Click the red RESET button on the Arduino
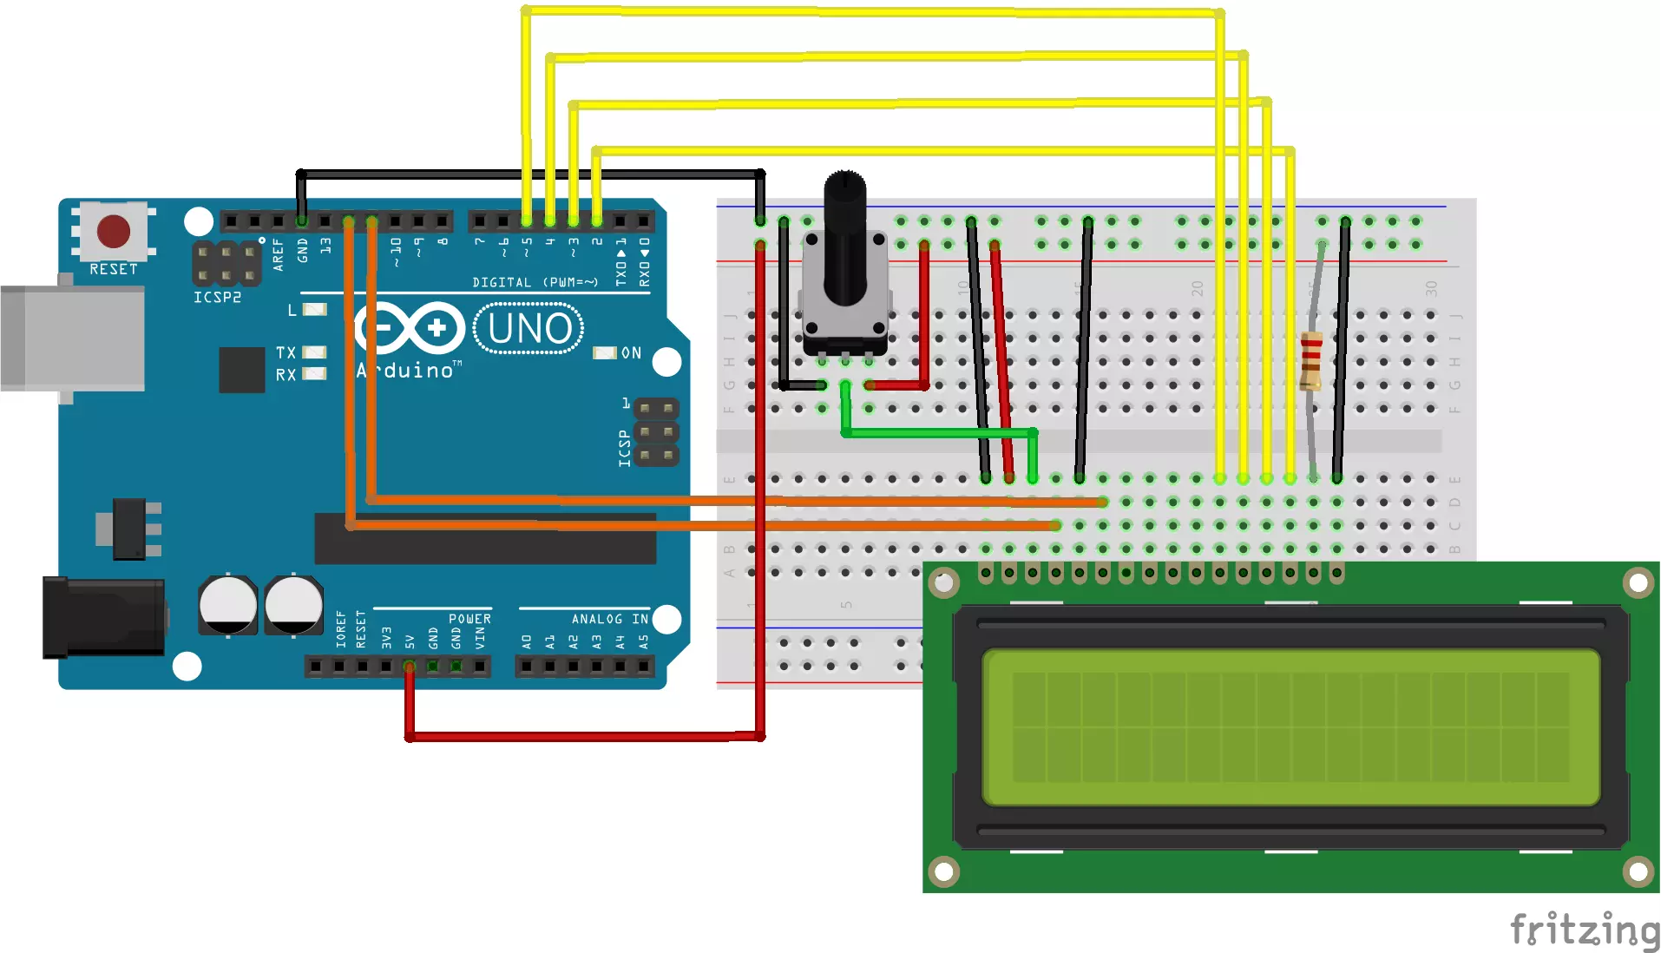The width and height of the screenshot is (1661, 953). point(114,232)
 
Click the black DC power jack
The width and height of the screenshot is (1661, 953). point(104,617)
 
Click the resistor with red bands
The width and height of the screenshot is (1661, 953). point(1310,360)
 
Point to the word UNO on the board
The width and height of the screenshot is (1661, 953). point(529,329)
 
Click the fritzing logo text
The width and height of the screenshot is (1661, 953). point(1583,930)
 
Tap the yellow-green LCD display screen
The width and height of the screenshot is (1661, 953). point(1290,727)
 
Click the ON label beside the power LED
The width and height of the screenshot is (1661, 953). point(631,353)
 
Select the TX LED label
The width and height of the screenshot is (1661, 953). point(286,352)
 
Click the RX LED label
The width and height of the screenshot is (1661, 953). point(286,375)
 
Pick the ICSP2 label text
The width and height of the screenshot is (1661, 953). point(217,298)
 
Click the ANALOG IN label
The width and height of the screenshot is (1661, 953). point(609,619)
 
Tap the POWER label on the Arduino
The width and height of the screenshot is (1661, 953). point(469,619)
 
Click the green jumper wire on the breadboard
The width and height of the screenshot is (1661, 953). point(937,432)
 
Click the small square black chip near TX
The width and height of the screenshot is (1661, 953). point(242,370)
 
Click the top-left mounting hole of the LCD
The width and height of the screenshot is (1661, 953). point(944,582)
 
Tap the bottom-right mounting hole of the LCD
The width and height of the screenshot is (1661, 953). point(1638,871)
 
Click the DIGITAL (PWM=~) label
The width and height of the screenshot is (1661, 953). point(535,283)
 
